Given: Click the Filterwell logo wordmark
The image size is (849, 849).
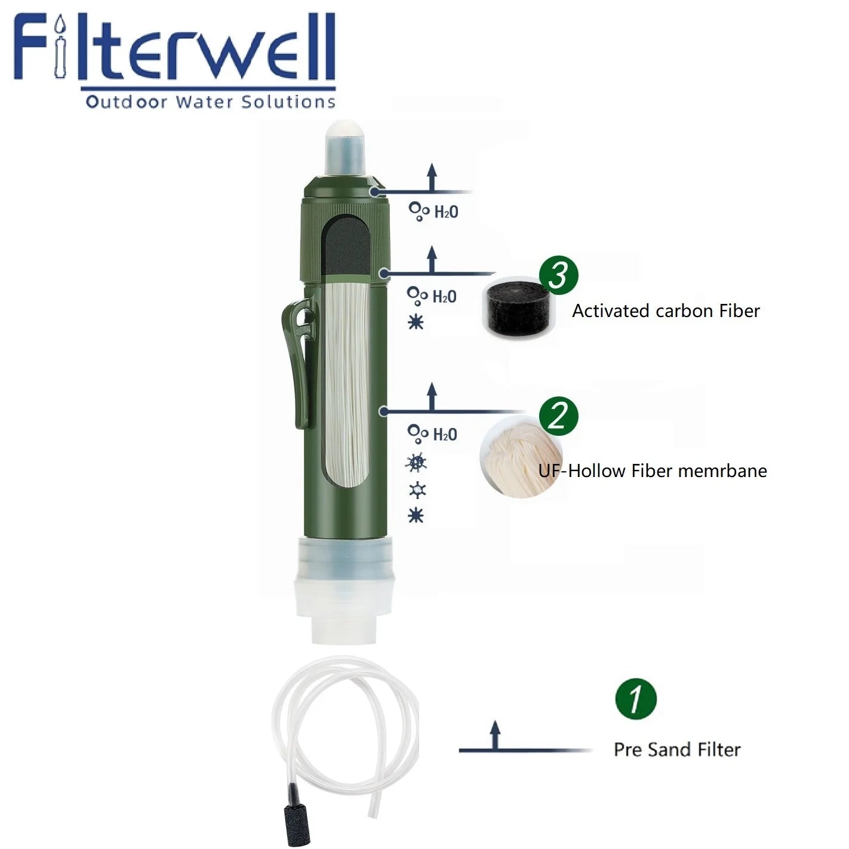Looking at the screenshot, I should tap(174, 49).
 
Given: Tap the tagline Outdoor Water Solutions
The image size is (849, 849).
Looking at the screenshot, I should tap(210, 101).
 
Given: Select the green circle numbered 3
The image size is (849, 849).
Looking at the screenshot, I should tap(559, 276).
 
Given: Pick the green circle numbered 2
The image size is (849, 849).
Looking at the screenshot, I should tap(559, 415).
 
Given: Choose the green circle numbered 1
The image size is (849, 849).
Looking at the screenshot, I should tap(635, 698).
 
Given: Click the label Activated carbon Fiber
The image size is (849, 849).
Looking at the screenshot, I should tap(666, 311).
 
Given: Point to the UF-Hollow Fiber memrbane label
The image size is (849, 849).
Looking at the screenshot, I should tap(653, 471).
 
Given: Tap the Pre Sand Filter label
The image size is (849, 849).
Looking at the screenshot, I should tap(677, 750).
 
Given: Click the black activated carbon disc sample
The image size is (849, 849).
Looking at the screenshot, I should tap(515, 307).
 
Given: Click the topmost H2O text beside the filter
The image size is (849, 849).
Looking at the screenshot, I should tap(446, 212).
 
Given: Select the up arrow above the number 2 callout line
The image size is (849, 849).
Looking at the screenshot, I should tap(432, 396).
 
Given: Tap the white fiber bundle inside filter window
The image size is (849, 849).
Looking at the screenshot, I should tap(346, 382).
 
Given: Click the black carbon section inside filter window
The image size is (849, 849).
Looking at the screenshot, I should tap(346, 245).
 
